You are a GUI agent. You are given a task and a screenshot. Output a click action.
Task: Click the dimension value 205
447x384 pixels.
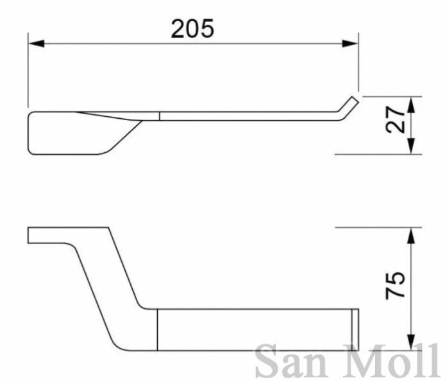coord(192,28)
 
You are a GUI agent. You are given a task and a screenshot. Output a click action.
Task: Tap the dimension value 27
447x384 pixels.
coord(396,119)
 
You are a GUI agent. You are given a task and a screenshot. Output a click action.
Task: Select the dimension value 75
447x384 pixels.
coord(395,285)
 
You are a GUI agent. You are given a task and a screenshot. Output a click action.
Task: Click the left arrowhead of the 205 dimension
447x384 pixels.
coord(37,44)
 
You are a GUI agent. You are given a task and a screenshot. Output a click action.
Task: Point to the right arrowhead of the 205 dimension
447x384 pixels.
coord(350,44)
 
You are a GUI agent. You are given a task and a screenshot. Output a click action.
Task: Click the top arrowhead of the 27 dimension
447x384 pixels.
coord(411,105)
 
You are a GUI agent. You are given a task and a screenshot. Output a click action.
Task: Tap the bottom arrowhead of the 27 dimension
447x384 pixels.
coord(411,146)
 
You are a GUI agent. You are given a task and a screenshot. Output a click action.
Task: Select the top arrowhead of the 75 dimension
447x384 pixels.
coord(411,236)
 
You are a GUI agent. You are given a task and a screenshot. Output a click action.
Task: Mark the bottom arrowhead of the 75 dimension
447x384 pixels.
coord(411,342)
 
